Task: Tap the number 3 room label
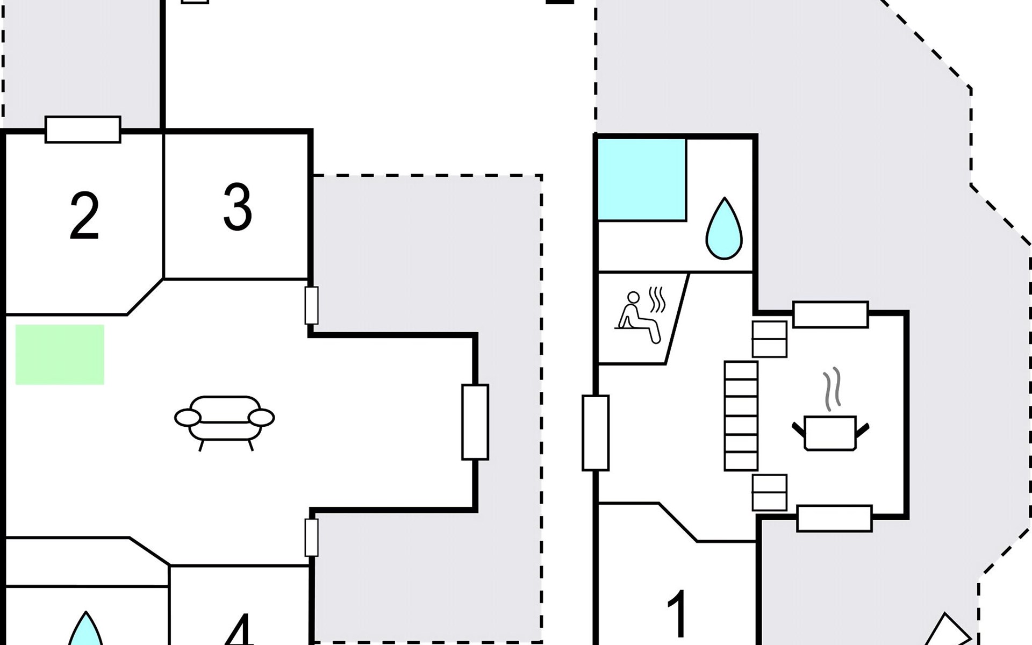pyautogui.click(x=238, y=207)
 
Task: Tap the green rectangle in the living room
pyautogui.click(x=60, y=355)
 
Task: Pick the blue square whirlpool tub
pyautogui.click(x=642, y=180)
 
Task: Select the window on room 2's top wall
pyautogui.click(x=83, y=130)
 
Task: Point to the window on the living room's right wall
pyautogui.click(x=475, y=422)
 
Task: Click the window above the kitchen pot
pyautogui.click(x=830, y=314)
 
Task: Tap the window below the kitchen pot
pyautogui.click(x=834, y=519)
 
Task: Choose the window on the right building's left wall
pyautogui.click(x=596, y=433)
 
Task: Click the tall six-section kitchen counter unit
pyautogui.click(x=741, y=416)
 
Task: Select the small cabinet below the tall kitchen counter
pyautogui.click(x=770, y=492)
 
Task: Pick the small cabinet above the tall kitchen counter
pyautogui.click(x=770, y=339)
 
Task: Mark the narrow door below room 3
pyautogui.click(x=311, y=305)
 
